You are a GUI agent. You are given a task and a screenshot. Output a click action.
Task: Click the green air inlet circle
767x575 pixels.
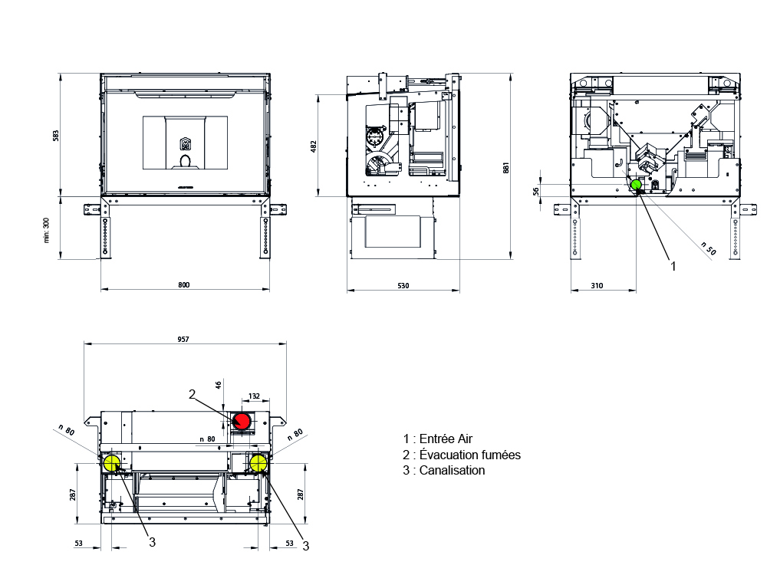(636, 185)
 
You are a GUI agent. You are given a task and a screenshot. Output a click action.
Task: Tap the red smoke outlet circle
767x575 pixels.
(242, 421)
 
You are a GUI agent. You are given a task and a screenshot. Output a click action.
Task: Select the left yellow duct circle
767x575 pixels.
(111, 463)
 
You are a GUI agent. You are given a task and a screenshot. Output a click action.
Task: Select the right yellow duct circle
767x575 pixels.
(258, 463)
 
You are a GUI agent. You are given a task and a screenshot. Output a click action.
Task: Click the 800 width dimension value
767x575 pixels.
(184, 285)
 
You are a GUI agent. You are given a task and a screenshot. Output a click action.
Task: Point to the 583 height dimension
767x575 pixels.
(56, 136)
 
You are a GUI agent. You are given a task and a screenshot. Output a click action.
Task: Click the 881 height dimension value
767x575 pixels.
(505, 168)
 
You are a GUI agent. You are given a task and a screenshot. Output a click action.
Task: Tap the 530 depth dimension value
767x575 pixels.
(403, 285)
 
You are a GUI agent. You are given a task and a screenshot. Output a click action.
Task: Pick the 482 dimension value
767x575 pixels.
(314, 146)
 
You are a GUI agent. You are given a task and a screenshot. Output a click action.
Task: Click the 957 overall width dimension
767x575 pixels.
(183, 340)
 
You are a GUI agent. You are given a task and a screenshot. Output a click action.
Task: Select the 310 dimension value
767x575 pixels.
(597, 285)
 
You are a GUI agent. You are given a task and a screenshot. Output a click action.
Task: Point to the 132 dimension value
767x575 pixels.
(254, 396)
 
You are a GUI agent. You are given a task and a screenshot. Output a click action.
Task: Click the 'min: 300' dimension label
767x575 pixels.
(47, 230)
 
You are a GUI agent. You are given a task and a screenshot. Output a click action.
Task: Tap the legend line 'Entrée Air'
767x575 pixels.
(438, 439)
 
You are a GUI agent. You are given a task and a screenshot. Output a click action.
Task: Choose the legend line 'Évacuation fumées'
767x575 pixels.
(462, 455)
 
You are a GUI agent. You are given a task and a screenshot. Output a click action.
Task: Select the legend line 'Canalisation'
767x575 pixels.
(444, 471)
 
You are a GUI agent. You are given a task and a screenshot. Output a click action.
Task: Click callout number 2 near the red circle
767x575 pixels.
(193, 394)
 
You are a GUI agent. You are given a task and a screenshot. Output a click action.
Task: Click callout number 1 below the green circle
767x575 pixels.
(673, 266)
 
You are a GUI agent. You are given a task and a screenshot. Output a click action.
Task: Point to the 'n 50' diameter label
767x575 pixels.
(708, 248)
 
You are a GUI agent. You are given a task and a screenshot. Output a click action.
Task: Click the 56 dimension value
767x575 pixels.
(536, 191)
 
